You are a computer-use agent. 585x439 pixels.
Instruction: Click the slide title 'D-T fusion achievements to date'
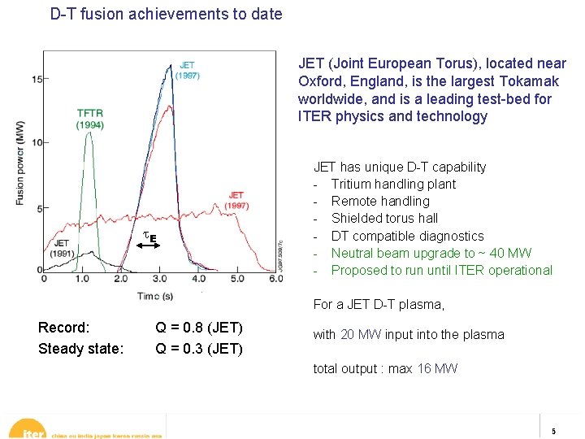pos(167,14)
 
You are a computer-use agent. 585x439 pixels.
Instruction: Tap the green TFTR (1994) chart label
pos(89,120)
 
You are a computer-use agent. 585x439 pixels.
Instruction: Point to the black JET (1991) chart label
pos(61,247)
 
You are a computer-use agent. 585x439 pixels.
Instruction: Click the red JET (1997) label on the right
pos(236,200)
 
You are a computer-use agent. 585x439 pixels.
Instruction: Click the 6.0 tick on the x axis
pos(275,278)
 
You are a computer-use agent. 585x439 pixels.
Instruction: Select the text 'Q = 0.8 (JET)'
pos(199,328)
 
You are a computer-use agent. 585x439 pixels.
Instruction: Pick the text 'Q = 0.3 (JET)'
pos(199,349)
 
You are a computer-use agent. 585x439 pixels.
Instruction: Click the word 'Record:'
pos(63,328)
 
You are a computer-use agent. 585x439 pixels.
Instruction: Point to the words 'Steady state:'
pos(80,349)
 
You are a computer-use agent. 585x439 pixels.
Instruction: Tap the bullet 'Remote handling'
pos(380,201)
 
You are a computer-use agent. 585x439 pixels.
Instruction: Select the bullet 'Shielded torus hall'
pos(384,218)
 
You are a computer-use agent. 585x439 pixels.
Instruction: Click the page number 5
pos(553,430)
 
